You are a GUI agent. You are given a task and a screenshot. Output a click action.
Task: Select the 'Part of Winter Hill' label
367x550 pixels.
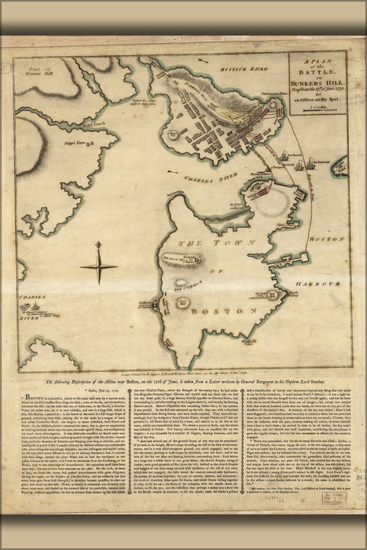click(x=41, y=75)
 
